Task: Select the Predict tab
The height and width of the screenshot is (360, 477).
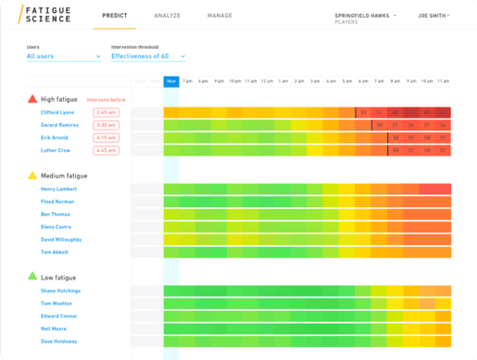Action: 115,16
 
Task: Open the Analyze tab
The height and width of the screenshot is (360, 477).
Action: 167,16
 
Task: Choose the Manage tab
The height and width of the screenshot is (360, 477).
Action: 220,16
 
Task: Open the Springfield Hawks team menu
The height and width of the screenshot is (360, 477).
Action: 365,16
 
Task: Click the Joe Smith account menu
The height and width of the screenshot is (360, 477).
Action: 433,16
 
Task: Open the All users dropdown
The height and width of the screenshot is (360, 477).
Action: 63,56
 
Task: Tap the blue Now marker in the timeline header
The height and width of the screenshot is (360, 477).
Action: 171,81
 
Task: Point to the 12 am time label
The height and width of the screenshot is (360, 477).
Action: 267,81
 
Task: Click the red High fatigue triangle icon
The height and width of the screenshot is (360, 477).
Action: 32,98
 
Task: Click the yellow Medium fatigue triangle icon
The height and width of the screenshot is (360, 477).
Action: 32,175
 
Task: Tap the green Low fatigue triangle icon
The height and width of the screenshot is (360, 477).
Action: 32,277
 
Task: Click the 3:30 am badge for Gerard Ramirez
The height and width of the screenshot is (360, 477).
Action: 106,125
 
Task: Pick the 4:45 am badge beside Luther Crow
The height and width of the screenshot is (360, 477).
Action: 106,150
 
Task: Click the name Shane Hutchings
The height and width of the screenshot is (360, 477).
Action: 61,291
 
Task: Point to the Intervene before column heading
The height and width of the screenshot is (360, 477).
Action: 105,99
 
